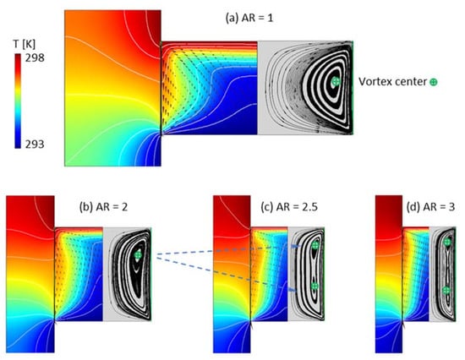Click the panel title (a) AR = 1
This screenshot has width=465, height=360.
click(249, 18)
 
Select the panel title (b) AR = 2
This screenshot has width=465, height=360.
click(103, 206)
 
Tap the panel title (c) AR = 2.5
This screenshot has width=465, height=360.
click(289, 207)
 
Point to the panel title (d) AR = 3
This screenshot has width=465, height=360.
click(430, 207)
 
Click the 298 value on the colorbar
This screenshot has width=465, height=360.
click(35, 57)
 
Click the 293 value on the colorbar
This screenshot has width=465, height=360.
click(35, 145)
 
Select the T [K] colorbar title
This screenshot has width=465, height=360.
click(25, 44)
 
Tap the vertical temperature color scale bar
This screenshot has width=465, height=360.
click(18, 101)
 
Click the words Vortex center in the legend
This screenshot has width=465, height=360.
click(392, 81)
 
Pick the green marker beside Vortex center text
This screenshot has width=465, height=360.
click(434, 82)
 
